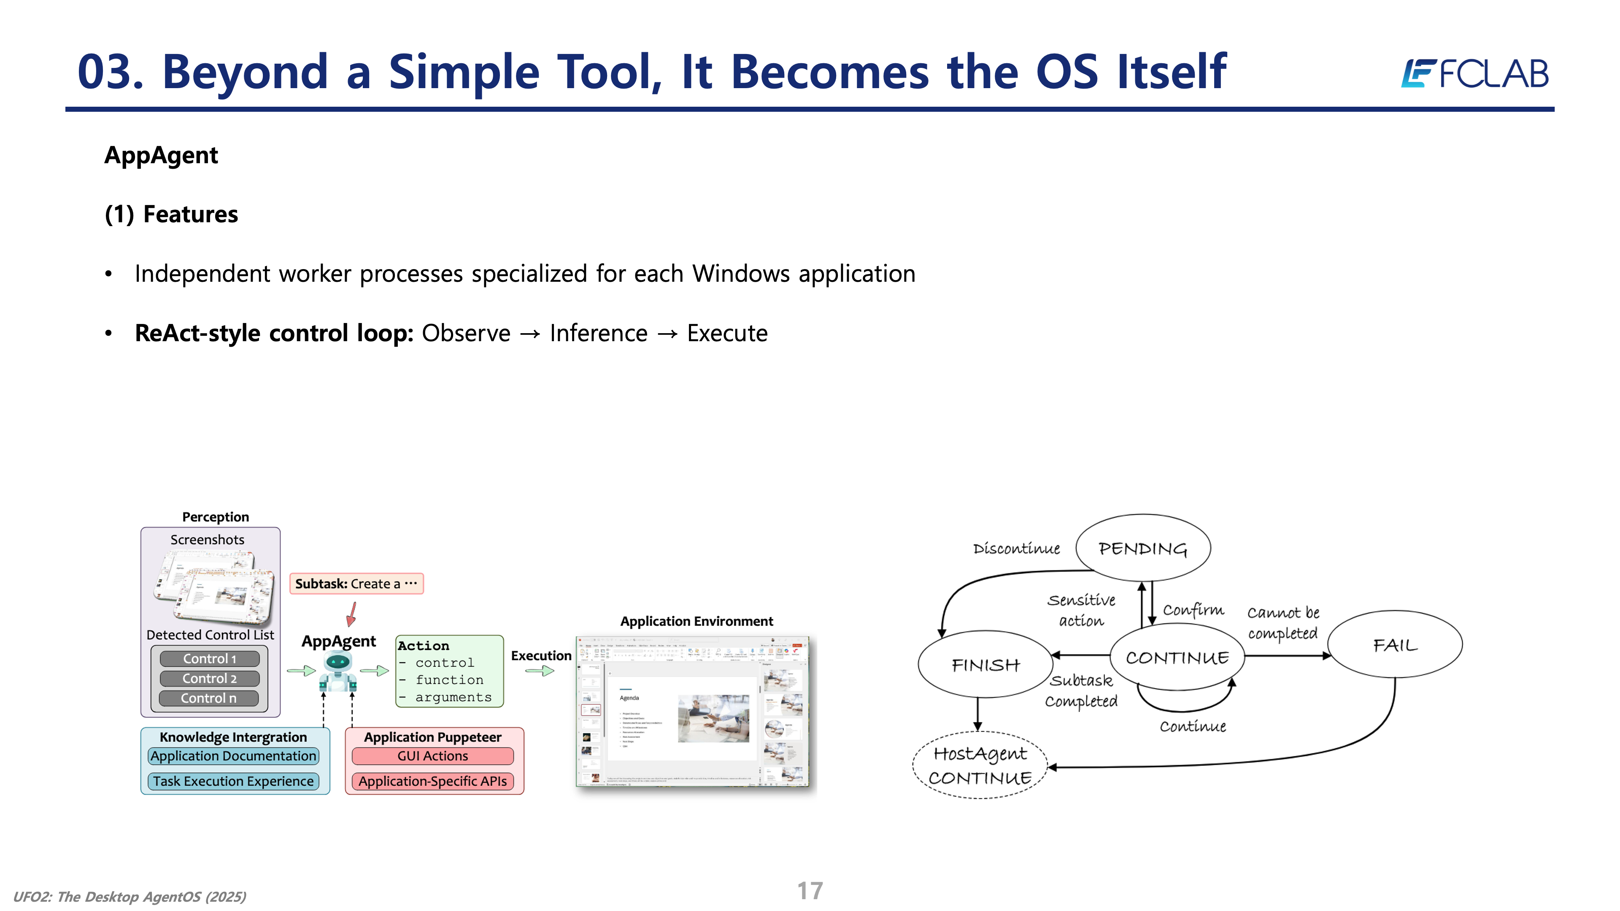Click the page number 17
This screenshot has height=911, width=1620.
point(810,890)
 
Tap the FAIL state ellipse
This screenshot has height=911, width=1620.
point(1395,644)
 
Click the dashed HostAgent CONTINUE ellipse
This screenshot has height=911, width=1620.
point(980,765)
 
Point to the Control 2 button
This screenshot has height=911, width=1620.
point(209,678)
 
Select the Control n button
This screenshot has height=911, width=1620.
point(209,698)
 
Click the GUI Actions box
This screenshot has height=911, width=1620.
point(433,756)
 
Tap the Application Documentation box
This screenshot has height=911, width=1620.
point(233,756)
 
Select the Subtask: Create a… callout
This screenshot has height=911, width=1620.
point(356,583)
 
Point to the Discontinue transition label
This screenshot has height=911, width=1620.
point(1016,548)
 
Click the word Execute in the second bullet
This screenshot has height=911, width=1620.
point(727,333)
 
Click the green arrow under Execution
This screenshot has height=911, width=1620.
point(540,671)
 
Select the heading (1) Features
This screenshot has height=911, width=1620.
point(171,214)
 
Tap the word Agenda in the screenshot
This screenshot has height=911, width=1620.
point(629,698)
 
